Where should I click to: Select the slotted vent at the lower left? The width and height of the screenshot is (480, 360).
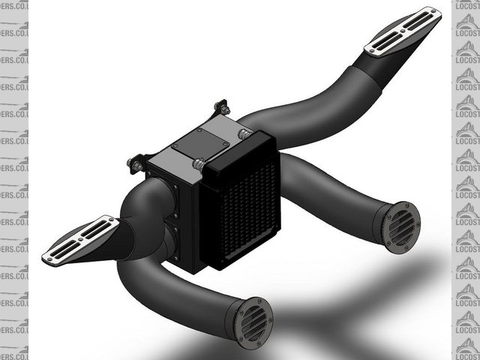[x=80, y=239]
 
